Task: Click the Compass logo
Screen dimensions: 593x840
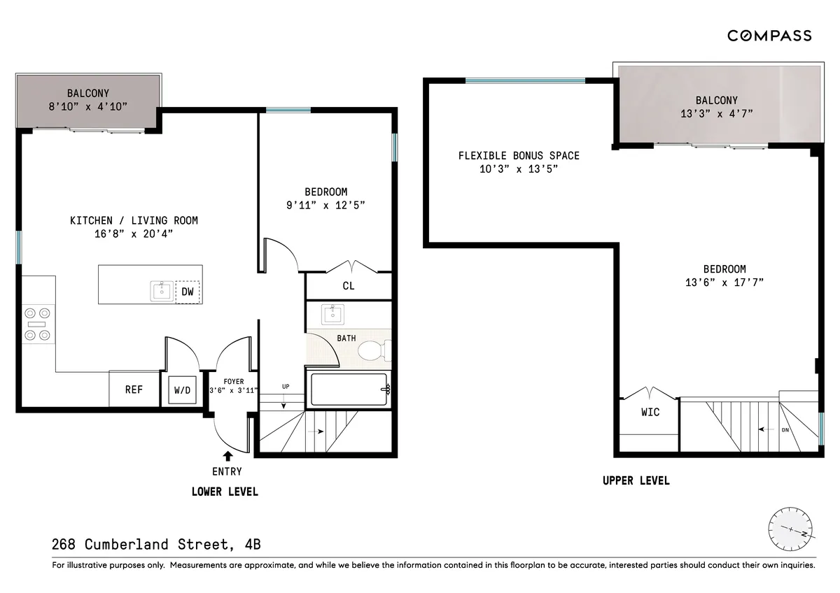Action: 769,36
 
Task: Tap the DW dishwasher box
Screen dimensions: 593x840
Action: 188,292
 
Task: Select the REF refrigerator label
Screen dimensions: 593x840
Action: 134,390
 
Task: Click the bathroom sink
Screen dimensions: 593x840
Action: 332,314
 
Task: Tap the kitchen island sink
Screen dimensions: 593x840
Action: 162,291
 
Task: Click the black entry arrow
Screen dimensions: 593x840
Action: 227,456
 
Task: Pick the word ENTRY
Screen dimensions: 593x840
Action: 227,472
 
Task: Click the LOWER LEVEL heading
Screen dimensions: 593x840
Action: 225,492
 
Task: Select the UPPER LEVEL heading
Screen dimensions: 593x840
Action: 636,480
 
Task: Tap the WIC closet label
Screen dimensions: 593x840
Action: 650,412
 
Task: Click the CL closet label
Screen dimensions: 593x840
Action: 348,286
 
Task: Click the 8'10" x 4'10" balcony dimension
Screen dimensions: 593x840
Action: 87,106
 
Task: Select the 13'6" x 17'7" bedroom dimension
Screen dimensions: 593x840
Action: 724,283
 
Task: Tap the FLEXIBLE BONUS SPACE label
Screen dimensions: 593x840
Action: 519,155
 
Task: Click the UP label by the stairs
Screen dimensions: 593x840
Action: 285,385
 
